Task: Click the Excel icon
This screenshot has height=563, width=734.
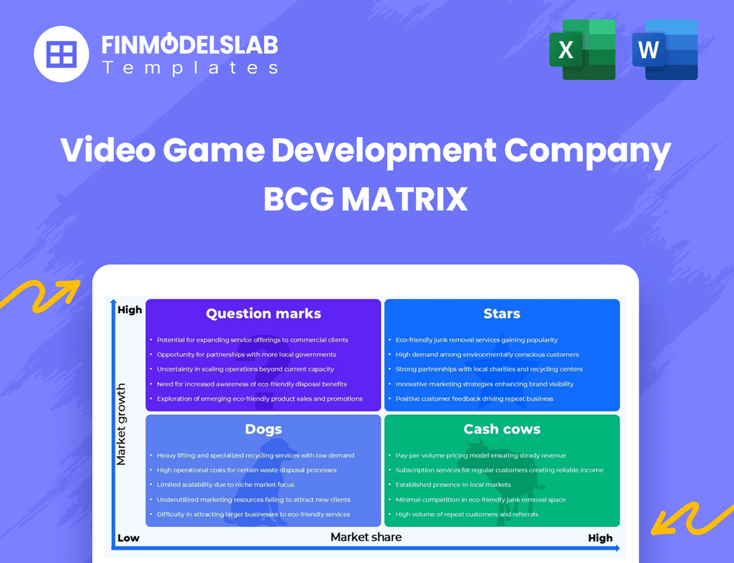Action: tap(582, 49)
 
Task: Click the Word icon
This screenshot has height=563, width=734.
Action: tap(665, 49)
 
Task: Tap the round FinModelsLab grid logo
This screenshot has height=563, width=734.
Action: tap(61, 53)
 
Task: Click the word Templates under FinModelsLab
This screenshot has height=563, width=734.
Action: tap(190, 67)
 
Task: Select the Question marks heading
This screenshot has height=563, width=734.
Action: tap(263, 314)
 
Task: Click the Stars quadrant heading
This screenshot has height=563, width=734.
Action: tap(502, 314)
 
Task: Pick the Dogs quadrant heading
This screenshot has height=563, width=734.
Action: tap(263, 429)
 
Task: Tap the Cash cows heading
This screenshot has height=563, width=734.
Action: tap(502, 429)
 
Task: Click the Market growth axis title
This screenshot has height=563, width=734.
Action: tap(121, 424)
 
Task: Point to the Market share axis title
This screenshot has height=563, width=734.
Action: tap(366, 537)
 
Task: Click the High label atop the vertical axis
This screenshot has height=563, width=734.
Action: tap(129, 310)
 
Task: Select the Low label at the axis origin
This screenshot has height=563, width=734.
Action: tap(128, 538)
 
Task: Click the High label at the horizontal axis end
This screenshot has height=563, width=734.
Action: tap(600, 538)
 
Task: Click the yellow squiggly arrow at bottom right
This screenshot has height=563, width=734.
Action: tap(690, 518)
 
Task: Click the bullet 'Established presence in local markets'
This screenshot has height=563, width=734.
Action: tap(452, 485)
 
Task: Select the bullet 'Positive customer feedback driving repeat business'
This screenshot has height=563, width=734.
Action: tap(474, 399)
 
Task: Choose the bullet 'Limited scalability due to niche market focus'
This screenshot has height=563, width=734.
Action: tap(225, 485)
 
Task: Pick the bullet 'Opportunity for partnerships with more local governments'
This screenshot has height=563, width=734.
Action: tap(246, 355)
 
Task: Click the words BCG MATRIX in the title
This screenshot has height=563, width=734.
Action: tap(366, 199)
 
